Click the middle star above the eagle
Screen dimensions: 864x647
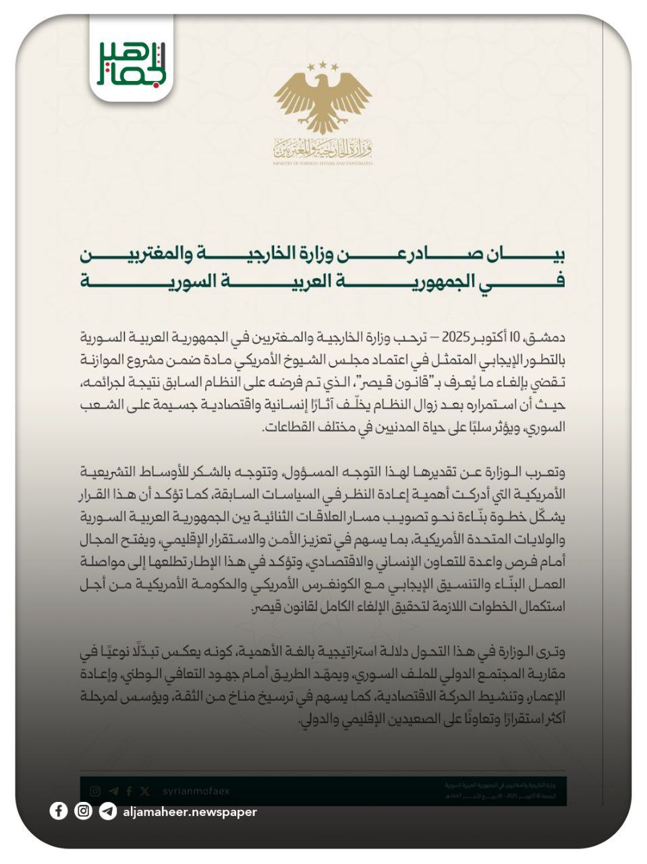click(x=323, y=64)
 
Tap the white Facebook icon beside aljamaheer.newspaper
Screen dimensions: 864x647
click(x=59, y=811)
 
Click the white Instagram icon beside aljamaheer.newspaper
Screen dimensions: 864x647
click(x=83, y=811)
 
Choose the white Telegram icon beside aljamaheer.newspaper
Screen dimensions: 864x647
click(x=107, y=811)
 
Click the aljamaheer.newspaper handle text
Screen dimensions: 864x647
click(x=190, y=812)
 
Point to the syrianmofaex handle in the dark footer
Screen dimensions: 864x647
click(x=196, y=791)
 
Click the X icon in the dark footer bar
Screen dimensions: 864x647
click(x=145, y=791)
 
